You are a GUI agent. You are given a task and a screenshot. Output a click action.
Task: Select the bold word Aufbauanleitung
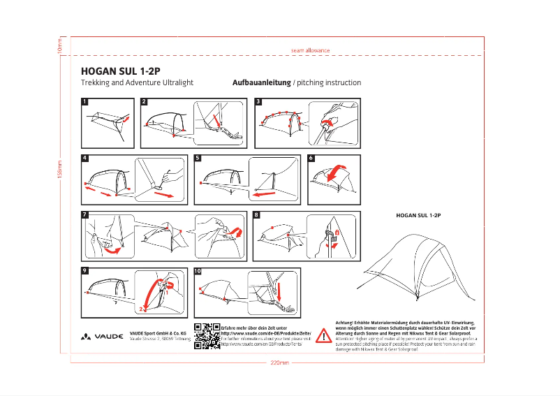(x=261, y=82)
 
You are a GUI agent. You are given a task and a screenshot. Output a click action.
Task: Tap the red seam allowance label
(x=310, y=50)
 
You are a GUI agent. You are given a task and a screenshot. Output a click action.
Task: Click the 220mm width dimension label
(x=279, y=362)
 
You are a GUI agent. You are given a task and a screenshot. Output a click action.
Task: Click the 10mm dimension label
(x=60, y=47)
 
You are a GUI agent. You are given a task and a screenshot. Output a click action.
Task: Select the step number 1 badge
(x=85, y=101)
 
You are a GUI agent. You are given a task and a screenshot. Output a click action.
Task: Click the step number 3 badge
(x=258, y=101)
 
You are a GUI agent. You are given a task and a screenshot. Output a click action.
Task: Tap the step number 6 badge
(x=311, y=158)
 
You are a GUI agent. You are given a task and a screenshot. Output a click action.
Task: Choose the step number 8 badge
(x=256, y=214)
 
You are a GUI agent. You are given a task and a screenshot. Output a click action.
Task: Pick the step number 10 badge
(x=198, y=271)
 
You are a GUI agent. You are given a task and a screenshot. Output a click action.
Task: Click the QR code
(x=207, y=335)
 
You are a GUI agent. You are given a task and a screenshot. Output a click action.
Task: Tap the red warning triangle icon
(x=323, y=336)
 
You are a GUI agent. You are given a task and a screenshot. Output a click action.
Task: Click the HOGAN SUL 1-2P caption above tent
(x=418, y=216)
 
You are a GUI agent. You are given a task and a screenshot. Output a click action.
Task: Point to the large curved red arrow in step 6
(x=339, y=172)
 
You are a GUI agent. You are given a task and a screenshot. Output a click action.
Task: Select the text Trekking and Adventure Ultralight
(x=137, y=82)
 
